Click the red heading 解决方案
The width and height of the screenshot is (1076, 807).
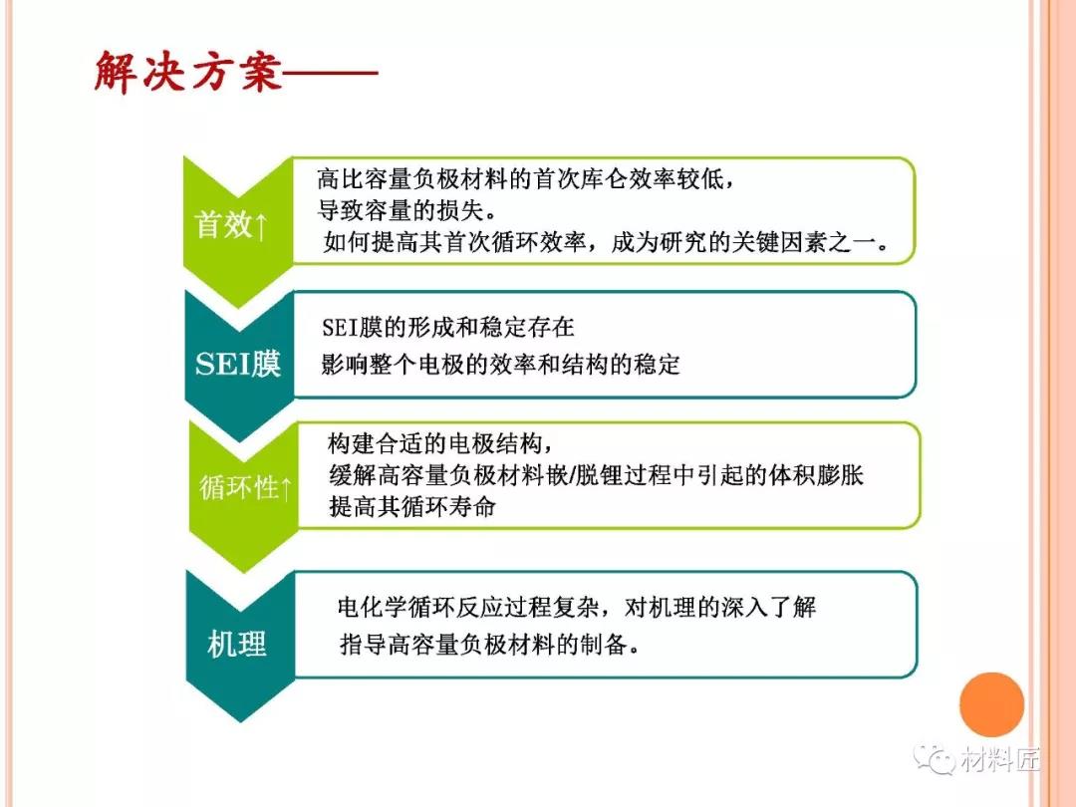(x=188, y=72)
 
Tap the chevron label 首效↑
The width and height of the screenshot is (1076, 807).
(x=230, y=225)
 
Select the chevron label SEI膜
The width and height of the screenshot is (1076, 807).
(x=237, y=364)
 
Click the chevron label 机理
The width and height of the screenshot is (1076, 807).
(x=237, y=644)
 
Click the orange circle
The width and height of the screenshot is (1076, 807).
(x=991, y=704)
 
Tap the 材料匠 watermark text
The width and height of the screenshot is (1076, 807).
(x=1000, y=759)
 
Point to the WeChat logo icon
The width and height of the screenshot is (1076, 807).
(x=934, y=759)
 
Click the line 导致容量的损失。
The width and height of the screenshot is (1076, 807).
(x=407, y=210)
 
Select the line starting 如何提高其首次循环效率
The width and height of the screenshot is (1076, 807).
(x=607, y=241)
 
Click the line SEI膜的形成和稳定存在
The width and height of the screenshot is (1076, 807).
(x=448, y=328)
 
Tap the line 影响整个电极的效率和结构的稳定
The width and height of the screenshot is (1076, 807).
(x=500, y=364)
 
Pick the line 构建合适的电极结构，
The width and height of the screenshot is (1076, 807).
(x=440, y=443)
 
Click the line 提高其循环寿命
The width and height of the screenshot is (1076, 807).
(x=411, y=506)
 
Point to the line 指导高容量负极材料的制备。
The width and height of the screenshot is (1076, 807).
(x=490, y=645)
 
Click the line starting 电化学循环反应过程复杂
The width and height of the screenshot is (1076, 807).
(x=577, y=607)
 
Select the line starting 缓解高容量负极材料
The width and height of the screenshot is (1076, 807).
(x=596, y=475)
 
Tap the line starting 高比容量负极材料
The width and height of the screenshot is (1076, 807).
(x=527, y=179)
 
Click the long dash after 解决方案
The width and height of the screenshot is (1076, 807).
(x=331, y=72)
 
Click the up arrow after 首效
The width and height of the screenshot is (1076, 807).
(x=260, y=226)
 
